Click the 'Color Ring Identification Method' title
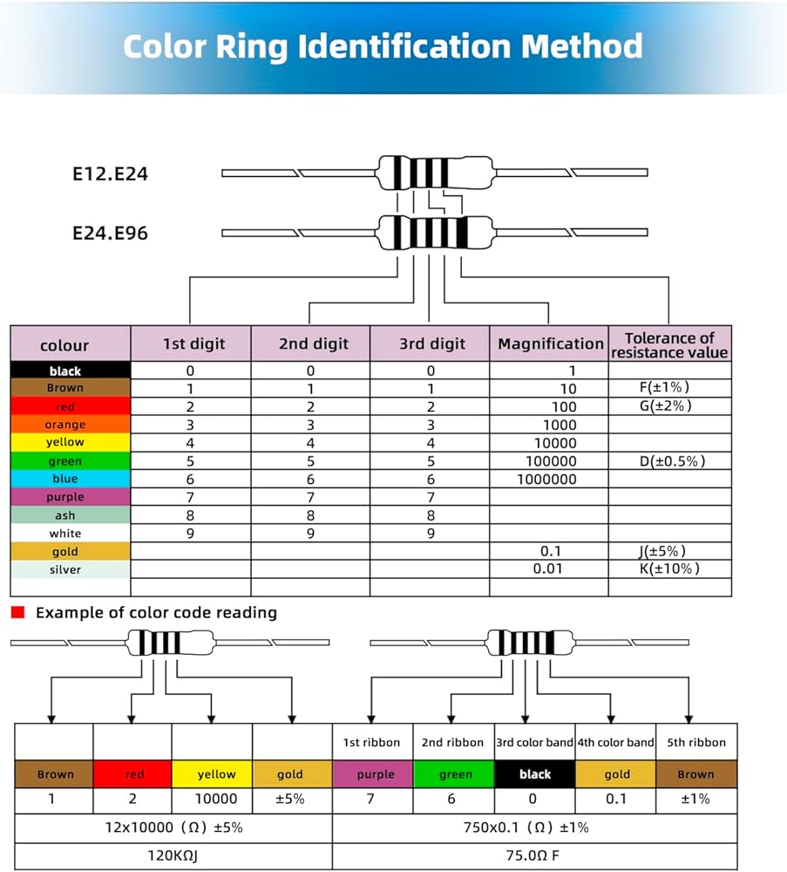coord(383,46)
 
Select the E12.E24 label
coord(111,174)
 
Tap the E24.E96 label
coord(111,234)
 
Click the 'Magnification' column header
coord(550,344)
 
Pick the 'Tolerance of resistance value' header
coord(669,344)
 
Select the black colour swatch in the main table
coord(66,371)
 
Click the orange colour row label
coord(66,425)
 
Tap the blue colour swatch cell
coord(66,479)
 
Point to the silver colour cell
coord(66,569)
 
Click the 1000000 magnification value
coord(546,479)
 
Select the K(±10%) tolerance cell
coord(669,569)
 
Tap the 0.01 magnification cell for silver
coord(548,569)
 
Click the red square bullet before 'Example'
coord(17,612)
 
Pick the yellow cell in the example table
coord(212,774)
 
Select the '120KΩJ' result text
coord(173,856)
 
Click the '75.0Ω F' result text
coord(535,856)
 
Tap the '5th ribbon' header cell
coord(695,742)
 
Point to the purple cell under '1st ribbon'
coord(372,774)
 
